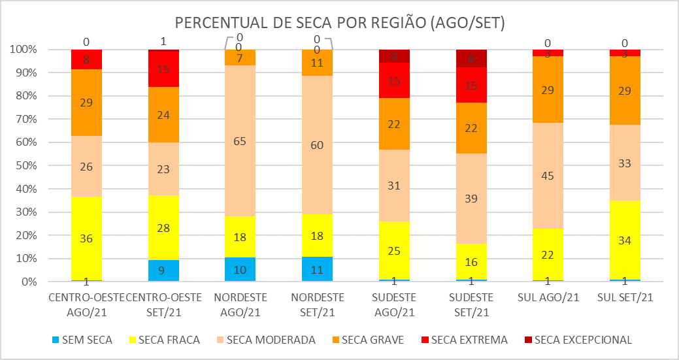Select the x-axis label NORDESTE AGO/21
[x=240, y=304]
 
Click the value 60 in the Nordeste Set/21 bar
[x=318, y=145]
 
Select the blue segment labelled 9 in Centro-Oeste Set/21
[x=163, y=270]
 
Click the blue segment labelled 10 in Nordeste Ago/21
[x=240, y=269]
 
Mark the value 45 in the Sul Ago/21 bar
[x=548, y=175]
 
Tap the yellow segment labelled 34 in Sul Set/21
[x=624, y=240]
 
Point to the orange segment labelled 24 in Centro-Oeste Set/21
[x=163, y=114]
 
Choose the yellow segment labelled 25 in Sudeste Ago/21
[x=395, y=251]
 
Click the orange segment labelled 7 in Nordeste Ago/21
[x=240, y=58]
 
